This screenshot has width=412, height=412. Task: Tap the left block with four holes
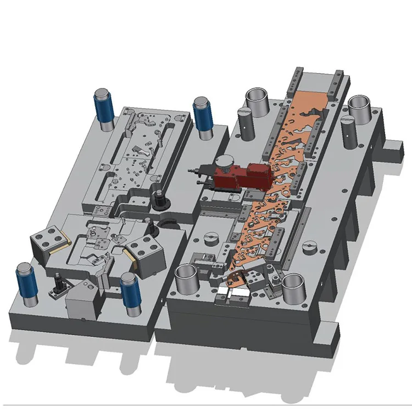(x=47, y=242)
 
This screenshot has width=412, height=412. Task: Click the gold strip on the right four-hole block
(x=130, y=256)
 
